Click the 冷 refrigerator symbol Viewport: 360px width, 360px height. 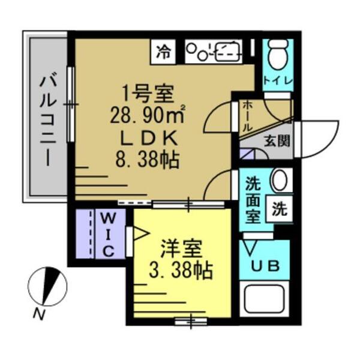(x=163, y=52)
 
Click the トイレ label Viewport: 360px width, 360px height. (x=278, y=81)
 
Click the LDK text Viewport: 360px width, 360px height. (x=146, y=137)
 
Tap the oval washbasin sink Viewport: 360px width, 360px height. (x=279, y=179)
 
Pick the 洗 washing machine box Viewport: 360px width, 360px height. (x=280, y=209)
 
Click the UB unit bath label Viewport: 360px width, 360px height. (x=265, y=266)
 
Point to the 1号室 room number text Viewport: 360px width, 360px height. (x=147, y=92)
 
